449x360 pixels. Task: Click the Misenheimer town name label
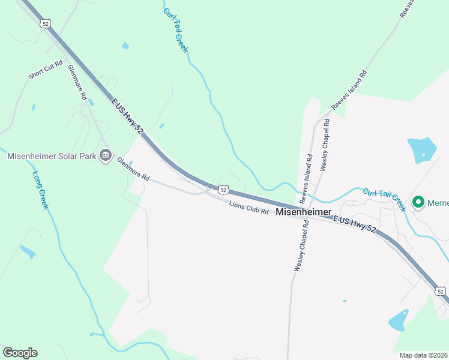tap(304, 212)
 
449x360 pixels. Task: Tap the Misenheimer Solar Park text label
tap(52, 156)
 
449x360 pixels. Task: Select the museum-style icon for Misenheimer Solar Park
tap(106, 156)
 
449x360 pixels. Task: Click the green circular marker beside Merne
tap(418, 202)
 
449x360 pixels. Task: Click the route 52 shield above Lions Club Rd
tap(223, 190)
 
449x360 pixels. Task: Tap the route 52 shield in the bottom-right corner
tap(441, 291)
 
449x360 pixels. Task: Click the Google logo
tap(20, 353)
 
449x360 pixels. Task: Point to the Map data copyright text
tap(424, 355)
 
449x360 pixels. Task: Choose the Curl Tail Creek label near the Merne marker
tap(385, 199)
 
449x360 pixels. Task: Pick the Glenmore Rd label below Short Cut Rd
tap(77, 82)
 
